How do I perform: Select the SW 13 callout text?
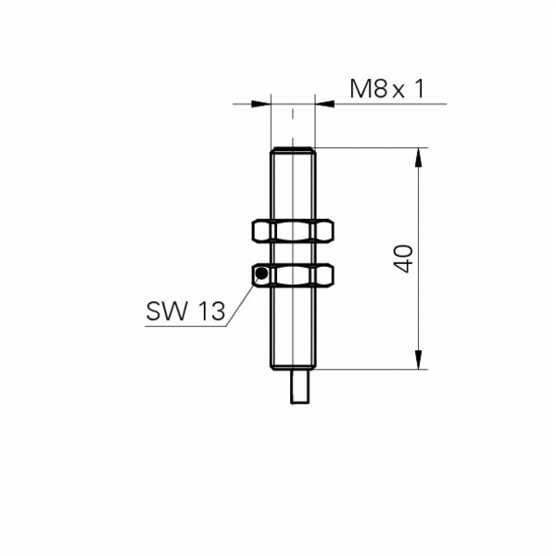tap(185, 312)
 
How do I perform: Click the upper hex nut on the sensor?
tap(293, 232)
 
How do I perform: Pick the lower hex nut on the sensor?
tap(293, 274)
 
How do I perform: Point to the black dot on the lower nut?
tap(261, 273)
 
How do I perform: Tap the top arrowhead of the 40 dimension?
tap(420, 158)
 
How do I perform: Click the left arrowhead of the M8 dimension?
tap(259, 104)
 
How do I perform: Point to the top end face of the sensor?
tap(293, 148)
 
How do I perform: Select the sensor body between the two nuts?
tap(293, 253)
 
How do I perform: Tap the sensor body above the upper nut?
tap(293, 185)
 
